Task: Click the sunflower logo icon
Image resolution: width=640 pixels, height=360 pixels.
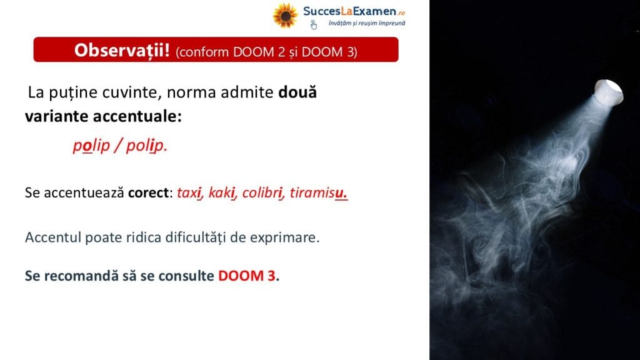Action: [x=285, y=16]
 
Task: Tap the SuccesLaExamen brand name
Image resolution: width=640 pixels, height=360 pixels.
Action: [x=354, y=11]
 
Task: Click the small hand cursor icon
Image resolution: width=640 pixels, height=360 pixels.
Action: [x=313, y=25]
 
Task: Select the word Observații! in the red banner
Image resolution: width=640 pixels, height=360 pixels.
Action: [x=122, y=50]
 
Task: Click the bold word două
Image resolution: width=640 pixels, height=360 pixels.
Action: [x=297, y=92]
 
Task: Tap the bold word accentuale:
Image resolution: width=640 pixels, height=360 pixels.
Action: [x=137, y=116]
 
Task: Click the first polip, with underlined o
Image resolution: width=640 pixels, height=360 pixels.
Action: [x=91, y=145]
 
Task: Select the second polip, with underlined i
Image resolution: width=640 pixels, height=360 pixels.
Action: [x=146, y=145]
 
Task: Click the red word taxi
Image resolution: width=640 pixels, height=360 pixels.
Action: [x=190, y=192]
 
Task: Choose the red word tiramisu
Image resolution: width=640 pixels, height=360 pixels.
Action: [x=318, y=192]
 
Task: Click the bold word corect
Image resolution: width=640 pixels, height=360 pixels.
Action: [x=148, y=192]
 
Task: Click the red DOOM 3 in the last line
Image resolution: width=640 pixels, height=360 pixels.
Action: [x=246, y=276]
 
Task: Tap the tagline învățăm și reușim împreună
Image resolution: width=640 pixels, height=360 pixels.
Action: [x=367, y=23]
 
